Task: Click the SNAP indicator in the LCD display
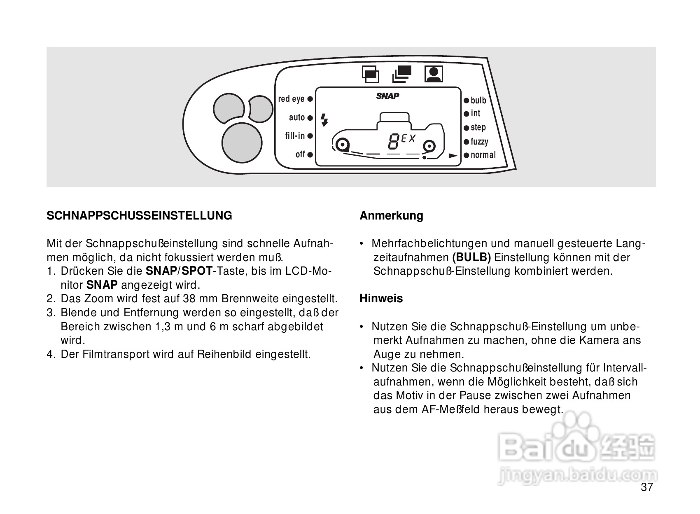click(x=387, y=96)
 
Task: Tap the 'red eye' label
click(x=291, y=99)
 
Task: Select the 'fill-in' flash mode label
click(x=295, y=136)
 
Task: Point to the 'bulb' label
click(x=478, y=100)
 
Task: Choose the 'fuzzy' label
click(x=479, y=142)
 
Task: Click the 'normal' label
click(x=483, y=155)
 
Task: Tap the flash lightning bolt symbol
click(x=324, y=119)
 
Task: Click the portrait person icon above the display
click(x=434, y=74)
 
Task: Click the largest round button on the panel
click(x=242, y=142)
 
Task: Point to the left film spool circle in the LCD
click(x=341, y=145)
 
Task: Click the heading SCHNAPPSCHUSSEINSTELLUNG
click(x=139, y=215)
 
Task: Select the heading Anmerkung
click(x=391, y=215)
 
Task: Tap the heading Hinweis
click(x=381, y=298)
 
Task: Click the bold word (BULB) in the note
click(x=471, y=258)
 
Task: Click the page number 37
click(x=647, y=487)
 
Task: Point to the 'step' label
click(x=478, y=128)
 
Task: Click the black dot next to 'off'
click(x=310, y=155)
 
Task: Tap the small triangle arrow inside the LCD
click(x=453, y=156)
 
